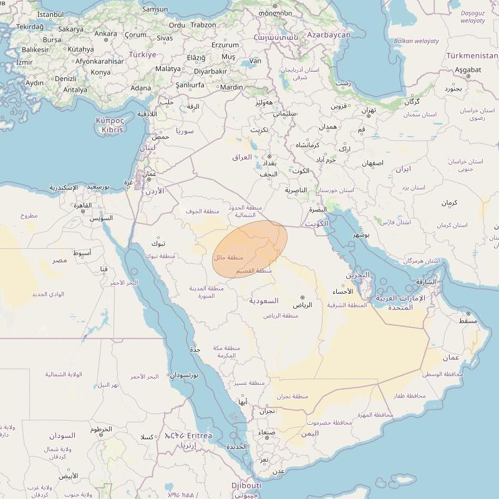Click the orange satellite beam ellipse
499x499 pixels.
tap(249, 248)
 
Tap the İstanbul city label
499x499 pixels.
tap(50, 14)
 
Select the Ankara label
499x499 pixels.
tap(105, 34)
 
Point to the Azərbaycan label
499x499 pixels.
tap(329, 35)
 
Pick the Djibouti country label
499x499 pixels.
tap(246, 485)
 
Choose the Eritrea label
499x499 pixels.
tap(195, 435)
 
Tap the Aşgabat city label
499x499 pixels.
tap(468, 70)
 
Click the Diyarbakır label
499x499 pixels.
tap(210, 71)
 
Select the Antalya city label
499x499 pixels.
tap(75, 90)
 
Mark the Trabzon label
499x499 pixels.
tap(203, 25)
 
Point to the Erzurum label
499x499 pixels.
tap(225, 45)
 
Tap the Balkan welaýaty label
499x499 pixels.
tap(417, 41)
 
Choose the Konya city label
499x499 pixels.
tap(100, 72)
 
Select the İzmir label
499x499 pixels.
tap(24, 62)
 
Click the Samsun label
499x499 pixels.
tap(155, 9)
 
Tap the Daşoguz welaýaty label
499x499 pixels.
tap(472, 17)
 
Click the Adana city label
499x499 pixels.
tap(140, 88)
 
